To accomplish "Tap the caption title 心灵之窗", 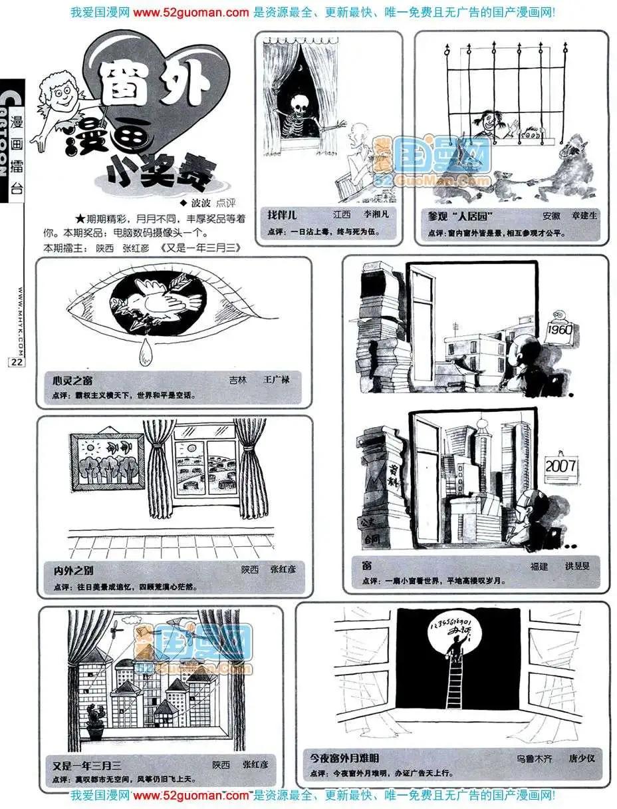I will (x=72, y=380).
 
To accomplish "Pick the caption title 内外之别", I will (x=74, y=570).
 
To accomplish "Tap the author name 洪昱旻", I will (x=576, y=566).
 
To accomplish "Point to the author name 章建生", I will (x=584, y=216).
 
